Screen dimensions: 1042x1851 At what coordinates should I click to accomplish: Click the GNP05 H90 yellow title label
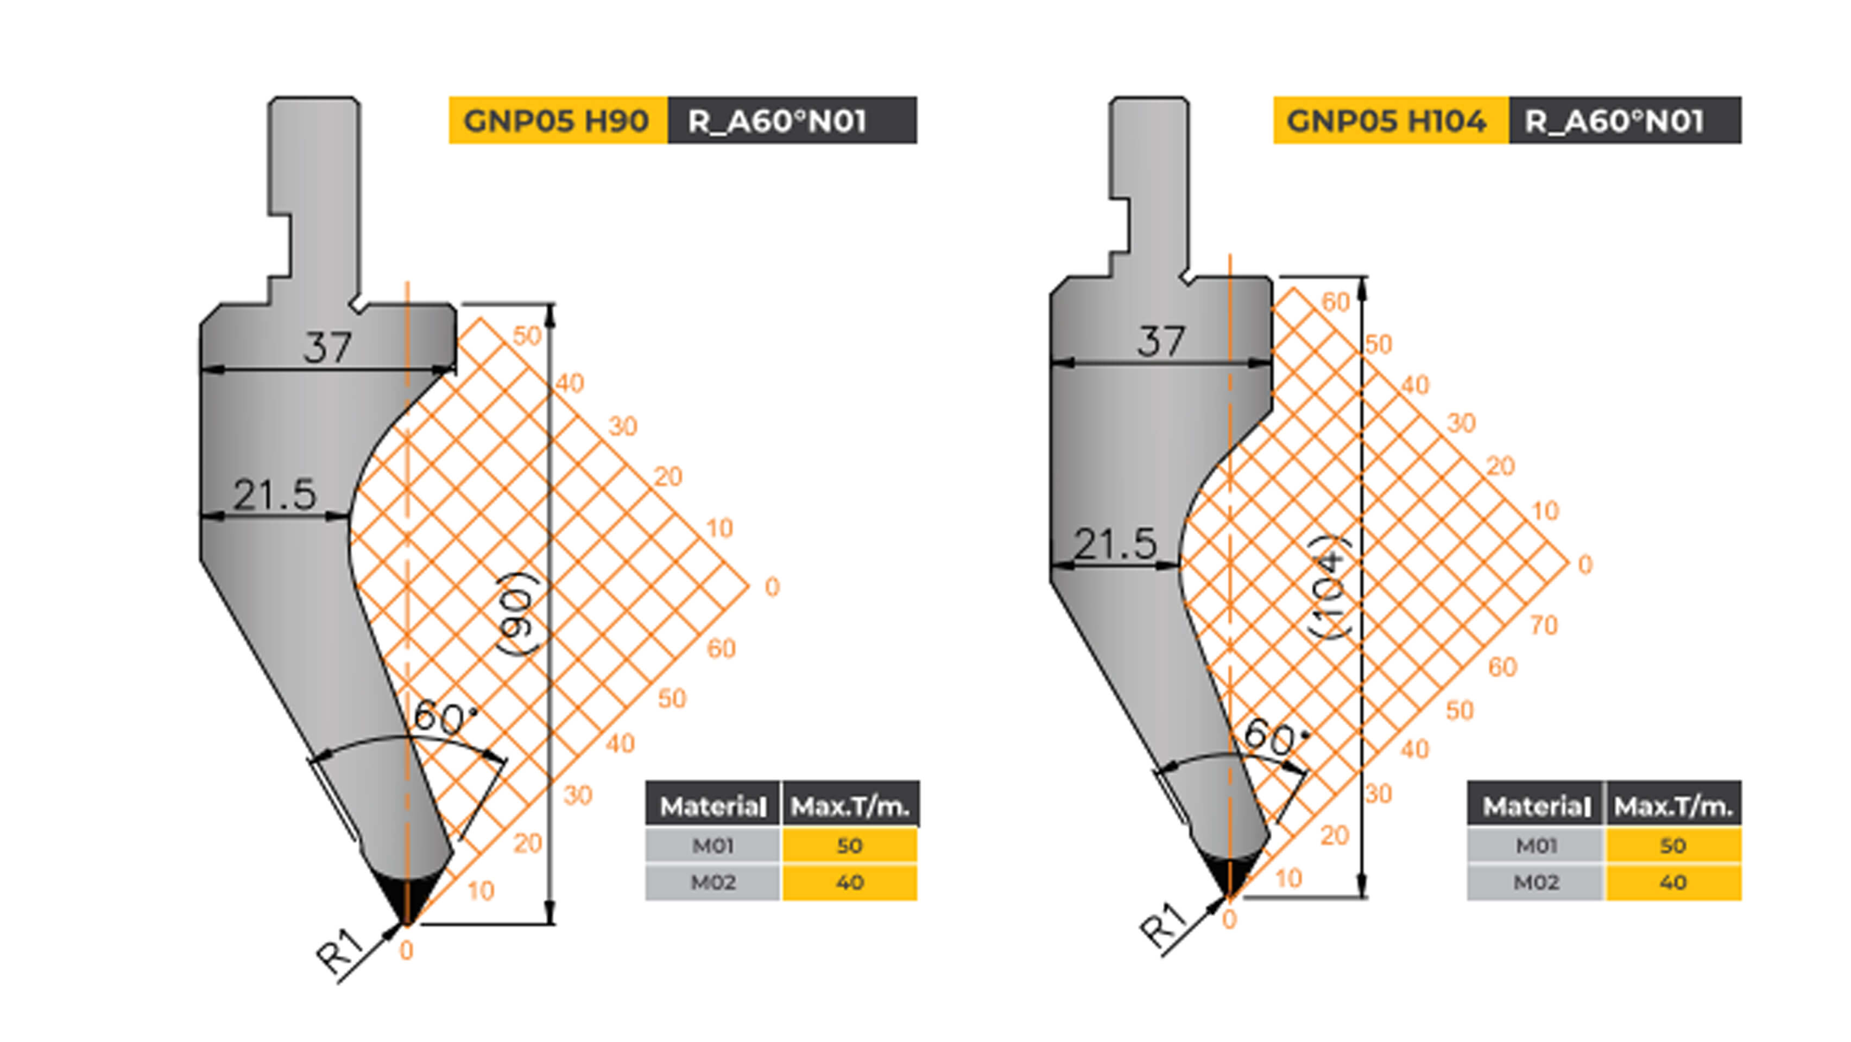click(557, 120)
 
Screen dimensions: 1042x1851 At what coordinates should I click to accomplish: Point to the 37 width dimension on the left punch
click(327, 347)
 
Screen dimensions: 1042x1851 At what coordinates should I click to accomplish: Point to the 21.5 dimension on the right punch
click(1115, 544)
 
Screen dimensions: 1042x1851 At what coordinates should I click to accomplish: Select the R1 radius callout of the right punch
click(1163, 926)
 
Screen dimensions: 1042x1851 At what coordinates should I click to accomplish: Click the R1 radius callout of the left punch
click(339, 951)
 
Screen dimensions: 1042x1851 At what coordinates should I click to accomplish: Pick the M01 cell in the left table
click(712, 845)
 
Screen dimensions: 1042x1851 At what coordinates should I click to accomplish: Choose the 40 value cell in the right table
click(1673, 882)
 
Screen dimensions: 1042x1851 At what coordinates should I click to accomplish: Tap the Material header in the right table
click(1535, 806)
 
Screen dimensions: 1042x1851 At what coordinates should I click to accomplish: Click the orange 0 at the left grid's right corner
click(772, 587)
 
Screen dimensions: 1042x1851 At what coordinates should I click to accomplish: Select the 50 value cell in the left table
click(849, 845)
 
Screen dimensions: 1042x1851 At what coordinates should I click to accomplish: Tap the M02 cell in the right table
click(1535, 882)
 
